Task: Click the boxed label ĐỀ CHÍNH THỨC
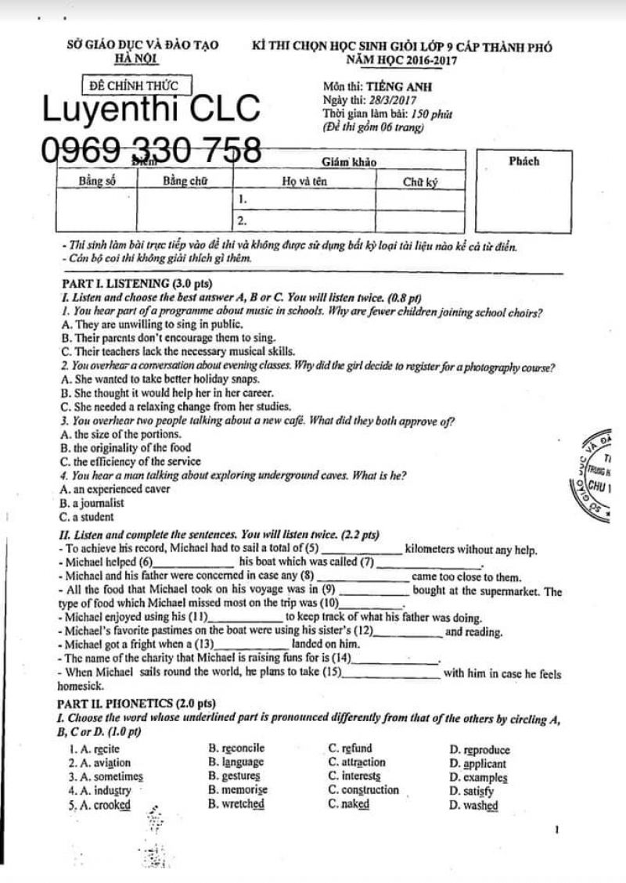(135, 84)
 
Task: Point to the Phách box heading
(523, 162)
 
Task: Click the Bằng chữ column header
(185, 181)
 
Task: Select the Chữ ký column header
(420, 181)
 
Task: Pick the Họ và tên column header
(305, 181)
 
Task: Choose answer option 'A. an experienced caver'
(114, 489)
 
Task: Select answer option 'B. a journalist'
(92, 503)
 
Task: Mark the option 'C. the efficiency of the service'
(125, 461)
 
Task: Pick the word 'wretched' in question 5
(243, 803)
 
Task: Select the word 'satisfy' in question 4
(478, 791)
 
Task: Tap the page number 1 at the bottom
(554, 830)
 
